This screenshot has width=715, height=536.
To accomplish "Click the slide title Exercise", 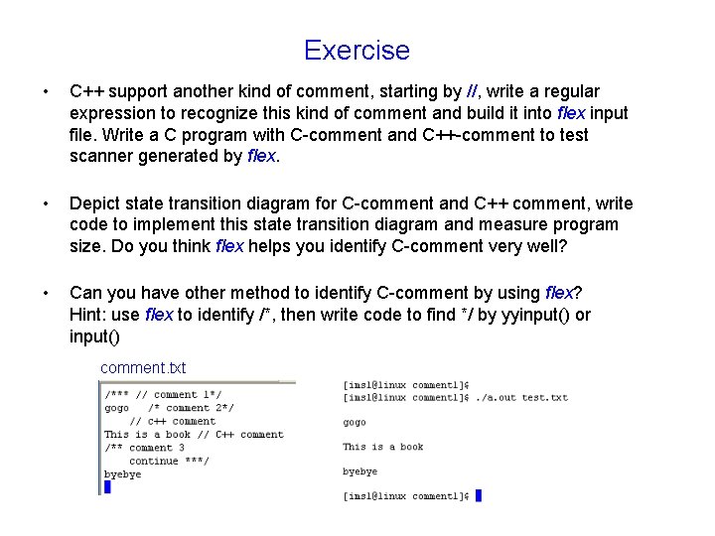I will [x=357, y=50].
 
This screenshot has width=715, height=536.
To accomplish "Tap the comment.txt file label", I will [x=143, y=368].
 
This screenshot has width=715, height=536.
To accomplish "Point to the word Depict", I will [x=94, y=204].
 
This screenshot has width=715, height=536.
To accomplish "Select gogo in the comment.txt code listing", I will [x=116, y=408].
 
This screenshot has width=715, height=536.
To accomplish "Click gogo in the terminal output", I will [x=355, y=422].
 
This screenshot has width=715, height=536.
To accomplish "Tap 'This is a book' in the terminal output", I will [x=383, y=447].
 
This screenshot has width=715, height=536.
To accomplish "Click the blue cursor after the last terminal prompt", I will [x=478, y=495].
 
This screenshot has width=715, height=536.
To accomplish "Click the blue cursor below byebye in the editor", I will [x=107, y=487].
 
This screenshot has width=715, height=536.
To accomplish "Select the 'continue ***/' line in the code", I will [x=169, y=461].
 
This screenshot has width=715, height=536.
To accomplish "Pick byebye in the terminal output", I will [x=359, y=471].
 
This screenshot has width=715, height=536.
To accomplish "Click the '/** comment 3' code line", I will [x=144, y=448].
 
